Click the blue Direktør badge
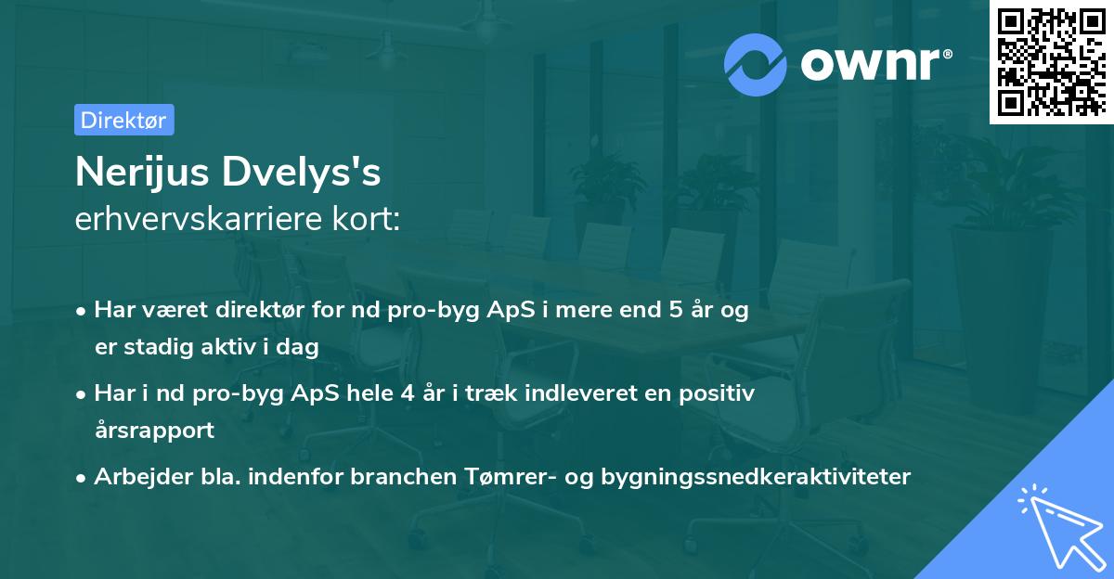[x=124, y=120]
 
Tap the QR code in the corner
[x=1051, y=61]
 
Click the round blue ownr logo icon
[x=755, y=65]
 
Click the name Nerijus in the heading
[x=142, y=173]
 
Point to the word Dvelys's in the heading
[x=302, y=173]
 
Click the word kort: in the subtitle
[x=367, y=219]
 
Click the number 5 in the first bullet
[x=676, y=310]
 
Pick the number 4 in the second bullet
[x=408, y=393]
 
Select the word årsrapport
[x=155, y=431]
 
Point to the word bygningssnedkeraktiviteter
[x=756, y=477]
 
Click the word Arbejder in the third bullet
[x=143, y=477]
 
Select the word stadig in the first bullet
[x=159, y=347]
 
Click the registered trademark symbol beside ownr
[x=947, y=54]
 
